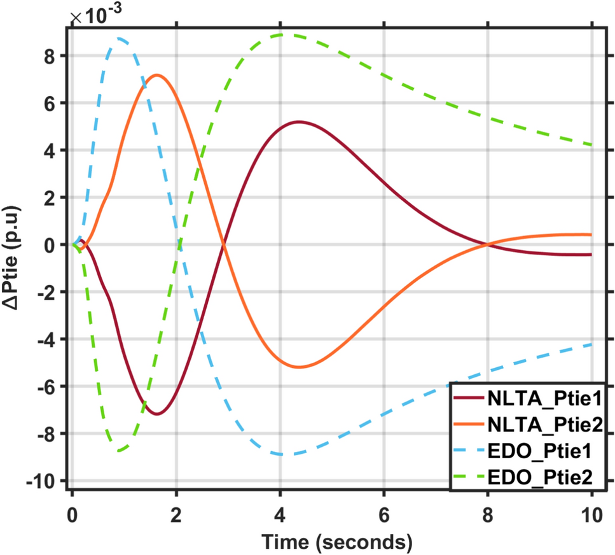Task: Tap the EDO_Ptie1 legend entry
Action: click(x=540, y=450)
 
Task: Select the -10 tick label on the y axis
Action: click(x=46, y=481)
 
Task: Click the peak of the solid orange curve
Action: click(x=157, y=75)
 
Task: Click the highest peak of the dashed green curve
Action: click(x=281, y=35)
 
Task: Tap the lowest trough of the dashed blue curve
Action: click(x=281, y=454)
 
